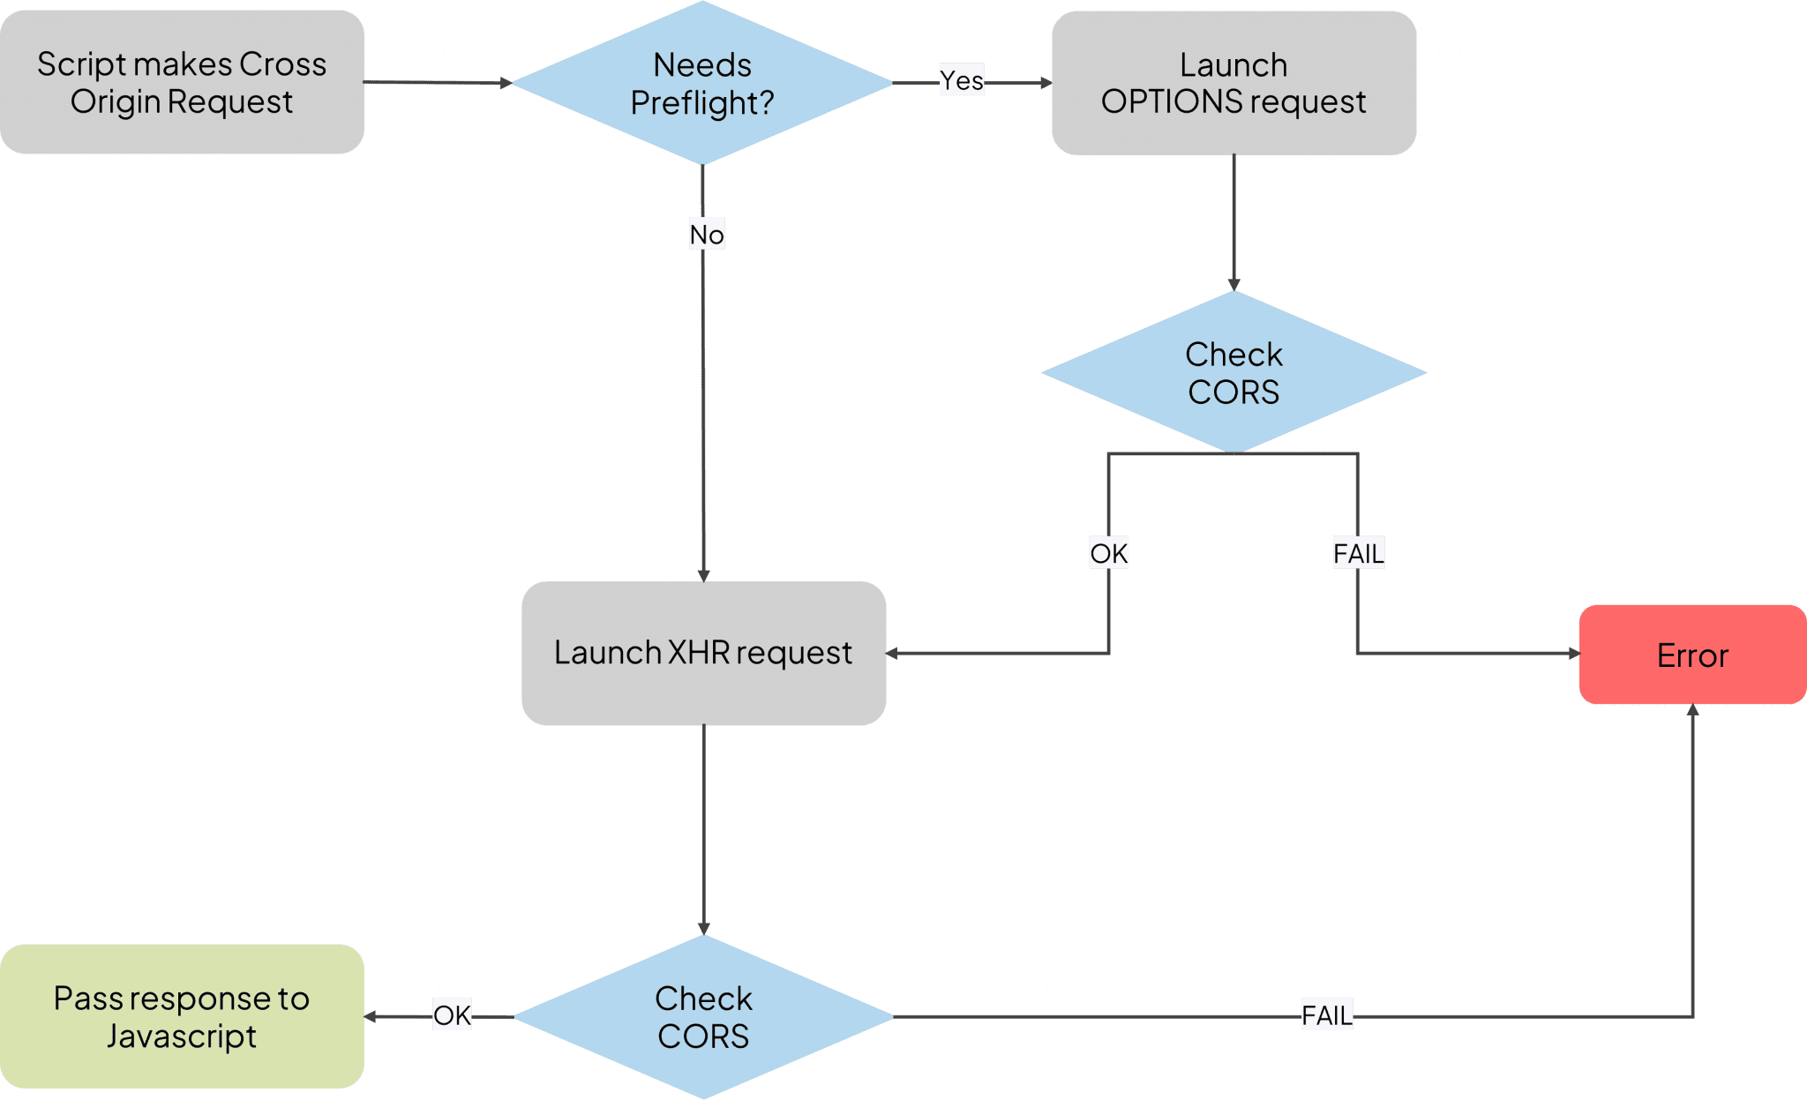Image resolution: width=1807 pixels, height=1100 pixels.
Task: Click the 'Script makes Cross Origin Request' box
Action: [x=182, y=82]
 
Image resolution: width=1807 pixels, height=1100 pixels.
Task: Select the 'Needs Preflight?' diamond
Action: [x=702, y=83]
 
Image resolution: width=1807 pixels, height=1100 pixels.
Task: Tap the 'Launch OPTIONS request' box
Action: [x=1233, y=83]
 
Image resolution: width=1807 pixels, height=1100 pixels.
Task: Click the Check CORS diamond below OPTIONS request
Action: [x=1233, y=372]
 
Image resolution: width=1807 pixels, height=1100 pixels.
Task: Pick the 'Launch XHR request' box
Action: [x=703, y=653]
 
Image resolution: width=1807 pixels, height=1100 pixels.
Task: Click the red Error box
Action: [x=1692, y=655]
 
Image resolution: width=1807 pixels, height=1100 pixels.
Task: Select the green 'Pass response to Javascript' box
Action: [x=182, y=1016]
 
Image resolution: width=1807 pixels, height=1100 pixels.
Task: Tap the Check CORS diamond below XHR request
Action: [x=703, y=1016]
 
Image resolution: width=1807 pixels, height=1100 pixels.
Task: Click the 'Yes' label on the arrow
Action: [x=961, y=80]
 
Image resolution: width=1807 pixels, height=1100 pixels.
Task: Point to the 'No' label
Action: [x=707, y=235]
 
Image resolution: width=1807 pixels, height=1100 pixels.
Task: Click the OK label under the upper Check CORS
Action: [x=1109, y=553]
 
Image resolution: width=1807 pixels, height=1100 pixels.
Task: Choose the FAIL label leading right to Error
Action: [x=1359, y=553]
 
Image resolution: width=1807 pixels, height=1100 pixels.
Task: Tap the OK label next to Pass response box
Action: [x=452, y=1014]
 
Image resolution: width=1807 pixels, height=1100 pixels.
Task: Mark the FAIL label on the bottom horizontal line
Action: [x=1326, y=1014]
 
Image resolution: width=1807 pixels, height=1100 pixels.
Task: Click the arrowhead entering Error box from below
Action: [x=1692, y=709]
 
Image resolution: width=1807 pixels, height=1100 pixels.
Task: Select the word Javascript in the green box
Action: [x=182, y=1036]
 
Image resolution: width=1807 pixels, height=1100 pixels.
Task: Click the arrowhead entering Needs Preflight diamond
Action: [x=506, y=83]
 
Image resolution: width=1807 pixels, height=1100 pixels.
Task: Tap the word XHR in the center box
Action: [x=699, y=653]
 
